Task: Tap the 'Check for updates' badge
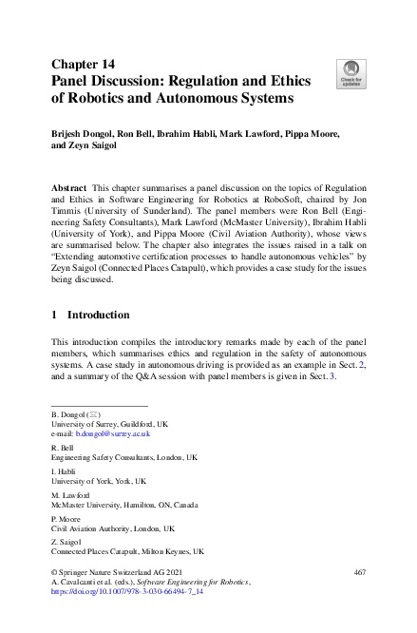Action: tap(351, 73)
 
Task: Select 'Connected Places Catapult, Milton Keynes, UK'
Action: tap(127, 551)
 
